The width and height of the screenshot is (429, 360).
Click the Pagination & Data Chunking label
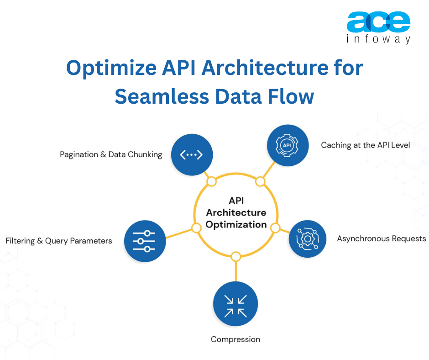point(111,154)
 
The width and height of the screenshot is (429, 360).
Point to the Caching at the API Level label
point(366,145)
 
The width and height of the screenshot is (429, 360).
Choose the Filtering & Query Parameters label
point(59,240)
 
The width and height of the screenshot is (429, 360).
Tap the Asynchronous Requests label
point(382,238)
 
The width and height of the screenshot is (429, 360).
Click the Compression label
point(235,339)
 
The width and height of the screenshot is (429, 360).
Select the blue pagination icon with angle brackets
point(191,154)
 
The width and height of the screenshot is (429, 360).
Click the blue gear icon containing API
point(287,145)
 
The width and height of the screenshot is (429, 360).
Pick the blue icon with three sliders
point(144,240)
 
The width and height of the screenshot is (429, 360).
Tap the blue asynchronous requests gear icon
point(308,238)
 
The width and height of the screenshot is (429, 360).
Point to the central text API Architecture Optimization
point(235,212)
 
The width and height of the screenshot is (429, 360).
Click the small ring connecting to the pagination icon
point(211,182)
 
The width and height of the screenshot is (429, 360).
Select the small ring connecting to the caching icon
point(260,182)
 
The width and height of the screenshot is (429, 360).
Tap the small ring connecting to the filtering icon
point(196,228)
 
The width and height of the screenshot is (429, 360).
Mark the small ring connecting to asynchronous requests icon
point(275,228)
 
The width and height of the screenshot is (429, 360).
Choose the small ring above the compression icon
point(235,257)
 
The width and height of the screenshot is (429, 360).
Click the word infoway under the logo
point(378,40)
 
